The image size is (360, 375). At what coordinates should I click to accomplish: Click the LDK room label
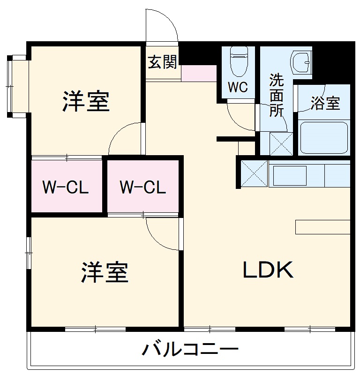268,270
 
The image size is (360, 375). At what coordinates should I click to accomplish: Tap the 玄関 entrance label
163,62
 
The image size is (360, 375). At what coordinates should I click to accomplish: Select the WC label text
238,87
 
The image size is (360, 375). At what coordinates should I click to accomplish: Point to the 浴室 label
325,103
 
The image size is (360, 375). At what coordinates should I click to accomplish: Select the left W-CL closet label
66,187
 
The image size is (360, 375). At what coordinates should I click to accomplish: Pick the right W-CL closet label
142,187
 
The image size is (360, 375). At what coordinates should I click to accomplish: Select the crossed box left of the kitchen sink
254,173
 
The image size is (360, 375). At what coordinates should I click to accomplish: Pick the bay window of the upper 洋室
18,86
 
